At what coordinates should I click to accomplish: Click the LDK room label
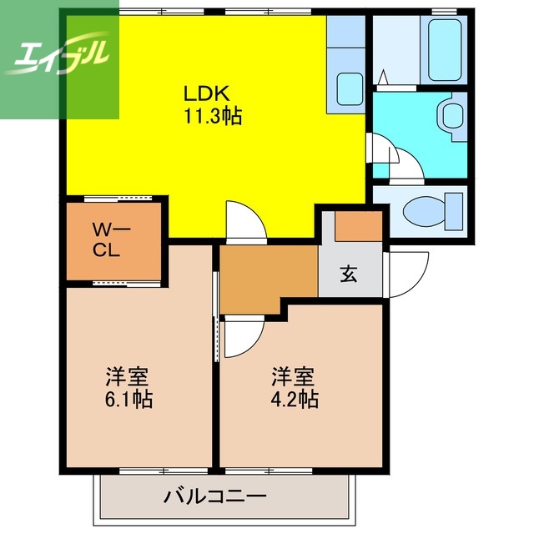point(212,93)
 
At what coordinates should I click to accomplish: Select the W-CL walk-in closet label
point(108,239)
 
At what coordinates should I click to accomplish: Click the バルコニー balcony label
point(214,497)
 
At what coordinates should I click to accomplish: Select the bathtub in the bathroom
point(443,50)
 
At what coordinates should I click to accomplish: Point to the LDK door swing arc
point(246,221)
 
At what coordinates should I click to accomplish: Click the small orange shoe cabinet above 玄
point(359,226)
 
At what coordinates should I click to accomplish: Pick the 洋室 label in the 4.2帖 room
point(294,375)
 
